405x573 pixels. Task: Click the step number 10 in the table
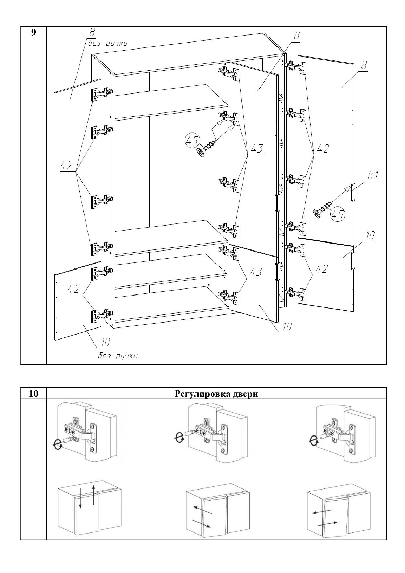pos(33,394)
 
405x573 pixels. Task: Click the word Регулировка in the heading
pos(199,394)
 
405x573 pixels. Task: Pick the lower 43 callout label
pos(255,272)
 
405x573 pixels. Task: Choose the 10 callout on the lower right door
pos(370,236)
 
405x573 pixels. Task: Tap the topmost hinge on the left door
pos(102,94)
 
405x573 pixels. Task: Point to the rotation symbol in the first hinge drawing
pos(58,443)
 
